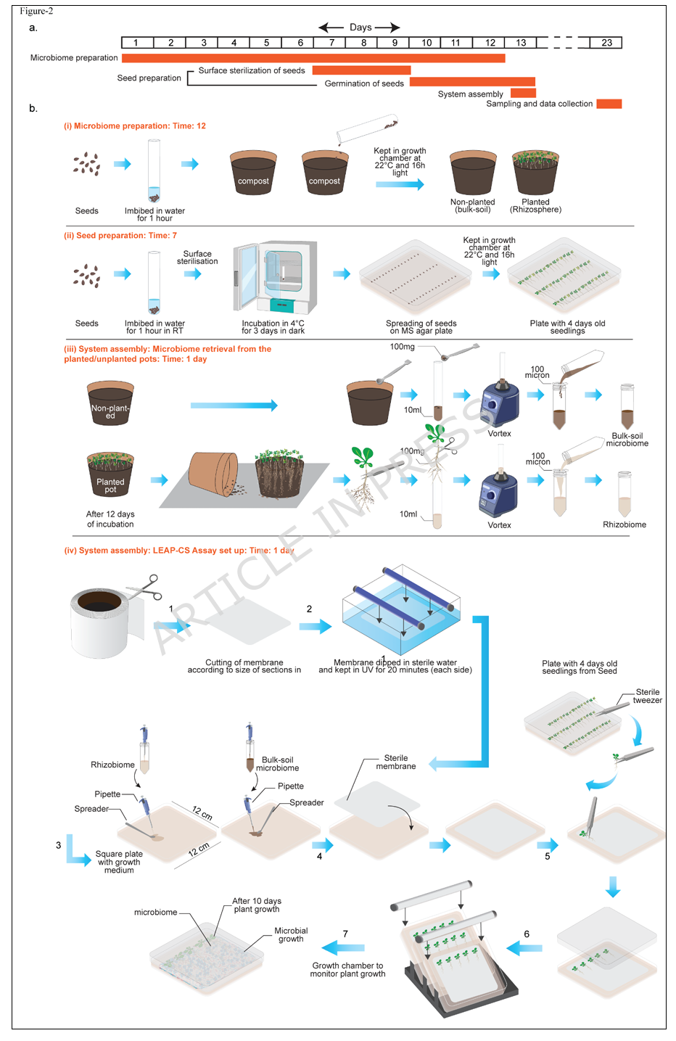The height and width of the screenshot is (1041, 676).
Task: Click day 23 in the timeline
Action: [606, 43]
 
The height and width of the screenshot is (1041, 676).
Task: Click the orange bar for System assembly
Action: [523, 93]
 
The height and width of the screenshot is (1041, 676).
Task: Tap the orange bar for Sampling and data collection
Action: [609, 104]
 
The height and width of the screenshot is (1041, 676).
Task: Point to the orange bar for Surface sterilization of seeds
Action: [361, 70]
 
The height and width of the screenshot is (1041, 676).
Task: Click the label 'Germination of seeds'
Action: [364, 83]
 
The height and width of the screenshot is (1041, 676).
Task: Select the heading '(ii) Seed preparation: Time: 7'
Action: [120, 236]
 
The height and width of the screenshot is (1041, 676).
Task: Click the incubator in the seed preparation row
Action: [275, 277]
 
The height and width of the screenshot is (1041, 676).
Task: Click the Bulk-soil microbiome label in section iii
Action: [627, 440]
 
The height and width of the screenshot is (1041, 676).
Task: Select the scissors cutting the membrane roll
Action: [144, 588]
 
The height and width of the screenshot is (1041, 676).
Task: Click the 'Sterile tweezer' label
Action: [647, 696]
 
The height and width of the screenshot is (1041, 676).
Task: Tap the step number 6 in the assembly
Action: [527, 934]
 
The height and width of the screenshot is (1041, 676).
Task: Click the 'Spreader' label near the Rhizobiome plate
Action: [91, 809]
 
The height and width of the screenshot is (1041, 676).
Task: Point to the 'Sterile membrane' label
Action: [396, 762]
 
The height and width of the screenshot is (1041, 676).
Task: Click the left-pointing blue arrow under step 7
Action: [343, 947]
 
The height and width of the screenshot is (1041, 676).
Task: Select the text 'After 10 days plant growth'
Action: [257, 905]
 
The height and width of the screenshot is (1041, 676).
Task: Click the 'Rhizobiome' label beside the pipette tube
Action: [112, 765]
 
